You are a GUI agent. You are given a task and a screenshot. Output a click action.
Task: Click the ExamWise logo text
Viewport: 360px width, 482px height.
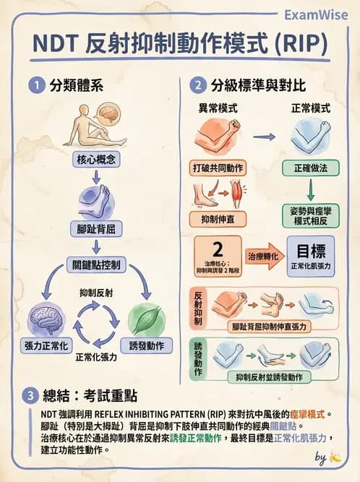click(316, 14)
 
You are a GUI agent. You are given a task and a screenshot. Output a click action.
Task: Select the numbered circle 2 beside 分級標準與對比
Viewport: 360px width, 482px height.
click(197, 85)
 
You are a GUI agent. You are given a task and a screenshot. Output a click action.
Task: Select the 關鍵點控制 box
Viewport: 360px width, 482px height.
click(95, 264)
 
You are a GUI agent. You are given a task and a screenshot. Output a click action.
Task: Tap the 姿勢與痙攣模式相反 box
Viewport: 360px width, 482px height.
click(310, 214)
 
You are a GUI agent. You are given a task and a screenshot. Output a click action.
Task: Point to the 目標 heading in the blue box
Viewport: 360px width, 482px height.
click(310, 251)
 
